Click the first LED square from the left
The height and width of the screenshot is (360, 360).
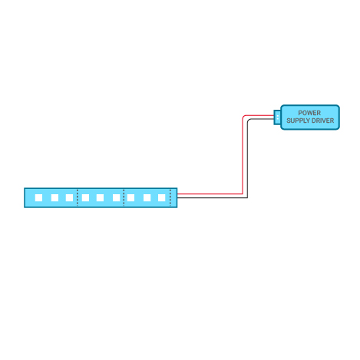tap(38, 198)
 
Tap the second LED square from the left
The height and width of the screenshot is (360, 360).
tap(54, 198)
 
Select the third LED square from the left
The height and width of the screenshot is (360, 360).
tap(69, 198)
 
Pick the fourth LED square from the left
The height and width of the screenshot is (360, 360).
tap(85, 198)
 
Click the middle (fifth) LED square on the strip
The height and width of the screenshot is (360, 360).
tap(100, 198)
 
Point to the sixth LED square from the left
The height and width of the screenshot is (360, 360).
tap(117, 198)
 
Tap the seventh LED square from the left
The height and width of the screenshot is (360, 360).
tap(130, 198)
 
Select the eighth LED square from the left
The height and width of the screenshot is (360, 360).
tap(147, 198)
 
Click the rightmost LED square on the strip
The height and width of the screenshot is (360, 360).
tap(162, 198)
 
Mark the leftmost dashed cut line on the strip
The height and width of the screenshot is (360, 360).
tap(78, 198)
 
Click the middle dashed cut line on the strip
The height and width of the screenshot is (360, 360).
tap(124, 198)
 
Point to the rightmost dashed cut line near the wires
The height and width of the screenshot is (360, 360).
tap(170, 198)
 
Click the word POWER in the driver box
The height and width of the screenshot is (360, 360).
tap(309, 113)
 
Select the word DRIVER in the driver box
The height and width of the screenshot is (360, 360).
tap(322, 121)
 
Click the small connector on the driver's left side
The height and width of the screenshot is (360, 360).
tap(277, 117)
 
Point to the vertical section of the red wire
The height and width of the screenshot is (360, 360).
tap(243, 156)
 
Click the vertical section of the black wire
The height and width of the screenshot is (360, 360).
tap(247, 159)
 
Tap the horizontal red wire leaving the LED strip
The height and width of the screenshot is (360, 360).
tap(210, 194)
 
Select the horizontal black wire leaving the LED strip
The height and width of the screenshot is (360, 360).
tap(213, 197)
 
